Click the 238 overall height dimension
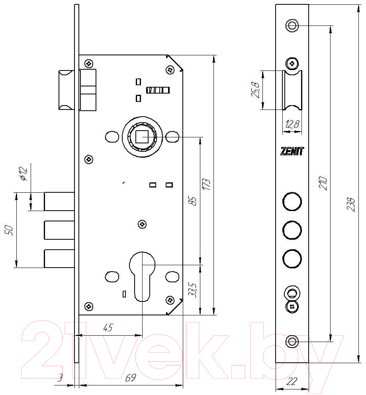coord(350,204)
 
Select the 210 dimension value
coord(323,183)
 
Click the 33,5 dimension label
coord(193,290)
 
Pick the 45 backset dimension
coord(108,328)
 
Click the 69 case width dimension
coord(130,378)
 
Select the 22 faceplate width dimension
coord(292,381)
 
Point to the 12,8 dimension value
coord(292,124)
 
